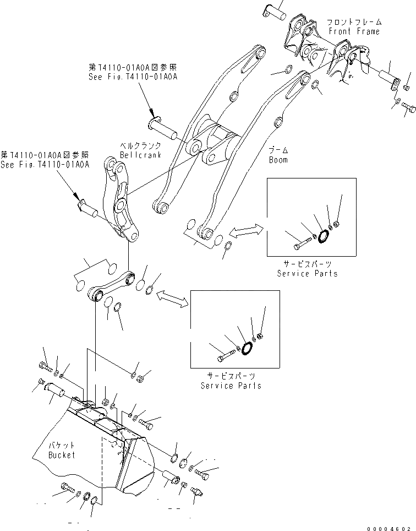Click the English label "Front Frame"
[x=354, y=31]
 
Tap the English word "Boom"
[x=278, y=160]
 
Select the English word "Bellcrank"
[x=140, y=155]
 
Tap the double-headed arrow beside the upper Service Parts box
[x=246, y=232]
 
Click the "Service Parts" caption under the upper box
[x=307, y=273]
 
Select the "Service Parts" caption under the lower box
[x=231, y=386]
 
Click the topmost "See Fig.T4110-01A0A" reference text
[x=133, y=77]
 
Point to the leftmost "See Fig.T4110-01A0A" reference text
[x=45, y=164]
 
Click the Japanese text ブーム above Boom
[x=278, y=150]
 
